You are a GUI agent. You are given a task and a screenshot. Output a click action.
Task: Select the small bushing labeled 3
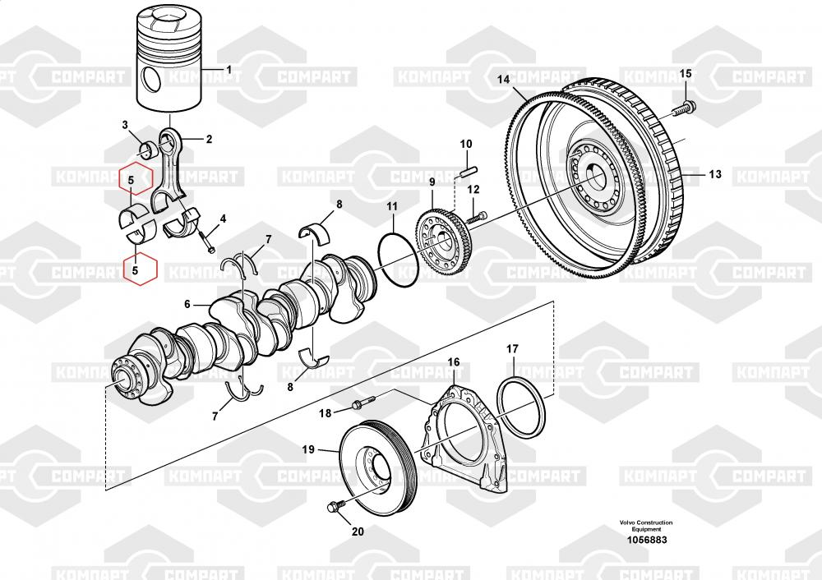[149, 149]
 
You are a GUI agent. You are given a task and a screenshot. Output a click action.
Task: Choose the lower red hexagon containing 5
[136, 269]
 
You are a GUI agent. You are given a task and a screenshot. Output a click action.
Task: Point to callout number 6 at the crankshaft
[187, 304]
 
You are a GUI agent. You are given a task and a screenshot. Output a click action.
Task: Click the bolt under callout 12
[478, 218]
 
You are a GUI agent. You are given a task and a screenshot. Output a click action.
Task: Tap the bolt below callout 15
[685, 105]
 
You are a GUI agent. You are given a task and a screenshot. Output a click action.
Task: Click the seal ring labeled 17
[522, 407]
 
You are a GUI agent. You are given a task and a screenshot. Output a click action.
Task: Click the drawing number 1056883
[646, 540]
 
